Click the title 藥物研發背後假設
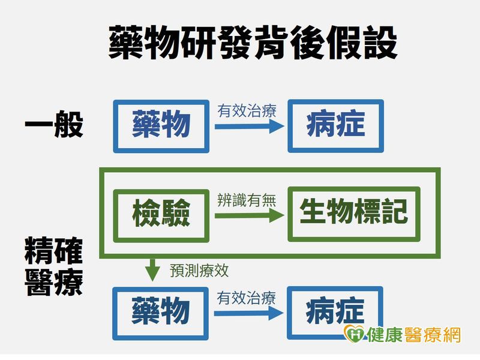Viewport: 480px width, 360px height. coord(253,43)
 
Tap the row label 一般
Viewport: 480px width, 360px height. coord(54,124)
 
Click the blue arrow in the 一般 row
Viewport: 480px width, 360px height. coord(250,127)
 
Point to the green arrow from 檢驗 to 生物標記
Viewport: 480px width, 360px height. coord(250,216)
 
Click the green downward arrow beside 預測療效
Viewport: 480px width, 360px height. coord(152,270)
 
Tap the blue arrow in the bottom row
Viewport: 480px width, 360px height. coord(249,313)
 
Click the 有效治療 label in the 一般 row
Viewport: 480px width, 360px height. coord(247,110)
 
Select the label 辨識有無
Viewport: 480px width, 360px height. coord(247,200)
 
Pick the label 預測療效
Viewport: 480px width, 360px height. coord(199,271)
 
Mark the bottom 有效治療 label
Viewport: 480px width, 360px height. coord(247,298)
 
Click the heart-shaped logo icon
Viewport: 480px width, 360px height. coord(355,334)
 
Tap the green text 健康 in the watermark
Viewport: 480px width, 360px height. coord(385,334)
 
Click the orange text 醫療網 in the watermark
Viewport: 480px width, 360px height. coord(432,334)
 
